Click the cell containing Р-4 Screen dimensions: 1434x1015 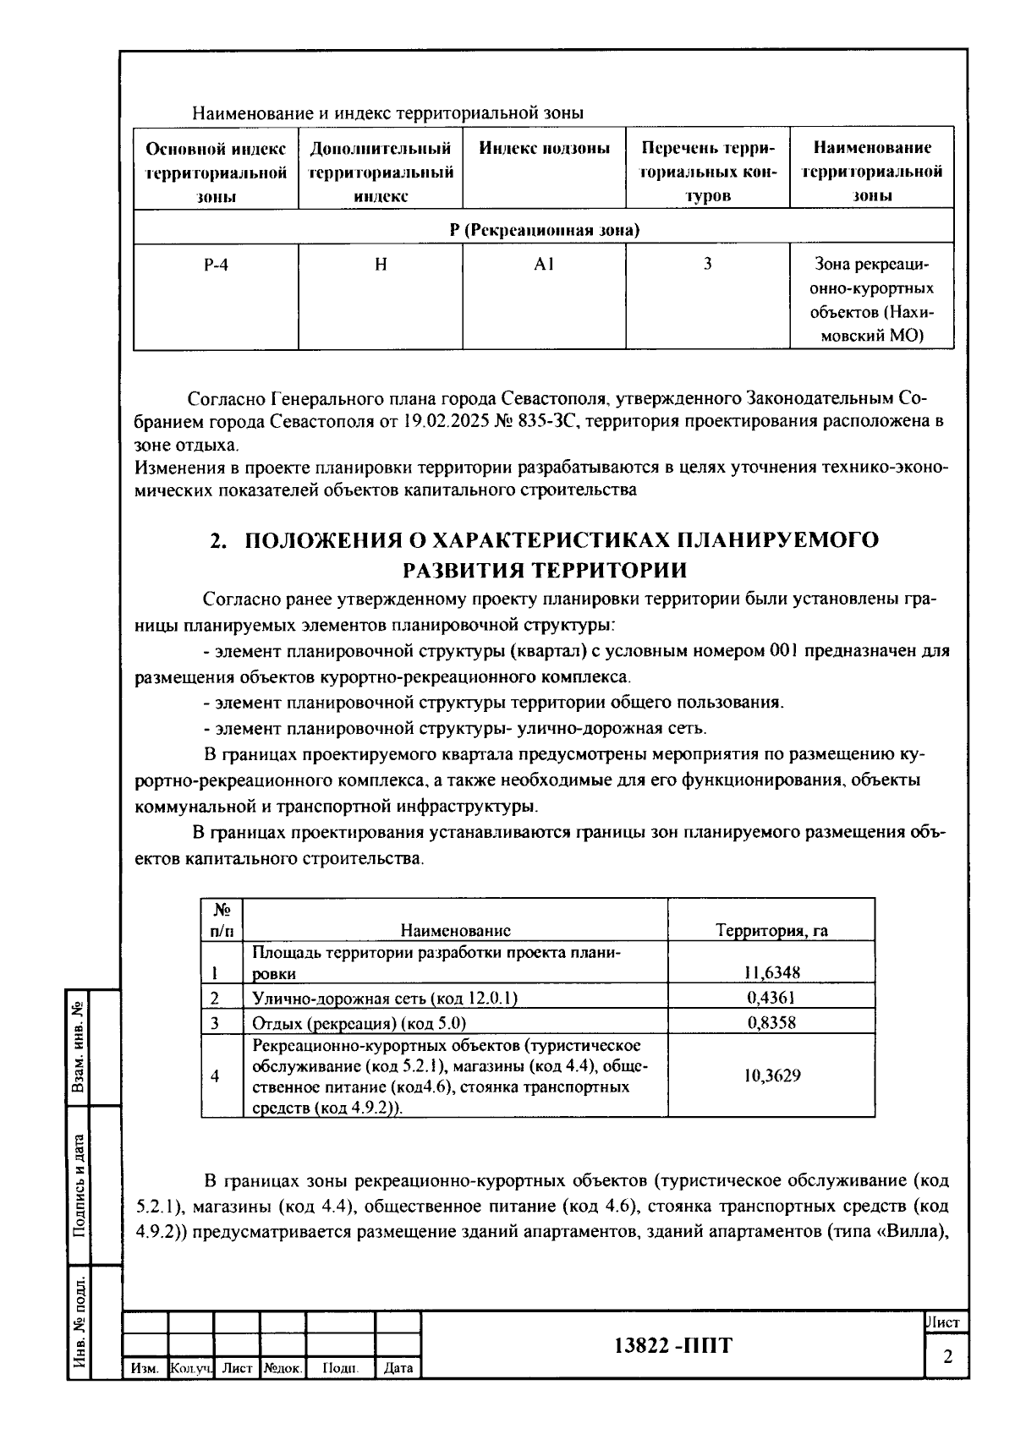point(216,265)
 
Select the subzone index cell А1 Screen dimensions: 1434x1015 point(544,265)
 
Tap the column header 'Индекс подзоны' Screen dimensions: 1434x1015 point(544,149)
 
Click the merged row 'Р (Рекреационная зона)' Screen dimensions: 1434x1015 point(543,230)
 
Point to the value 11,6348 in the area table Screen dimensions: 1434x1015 point(771,973)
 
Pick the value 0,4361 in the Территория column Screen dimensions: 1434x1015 point(771,998)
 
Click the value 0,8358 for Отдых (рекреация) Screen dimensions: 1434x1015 point(771,1023)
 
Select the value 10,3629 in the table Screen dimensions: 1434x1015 point(771,1076)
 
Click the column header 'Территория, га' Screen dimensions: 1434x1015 point(771,931)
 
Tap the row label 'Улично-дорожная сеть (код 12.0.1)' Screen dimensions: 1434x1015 point(385,998)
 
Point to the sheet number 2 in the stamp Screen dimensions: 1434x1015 point(947,1357)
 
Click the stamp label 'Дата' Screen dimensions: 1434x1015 point(398,1367)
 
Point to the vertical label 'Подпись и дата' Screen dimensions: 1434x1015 point(79,1185)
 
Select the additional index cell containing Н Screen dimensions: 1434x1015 point(381,265)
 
